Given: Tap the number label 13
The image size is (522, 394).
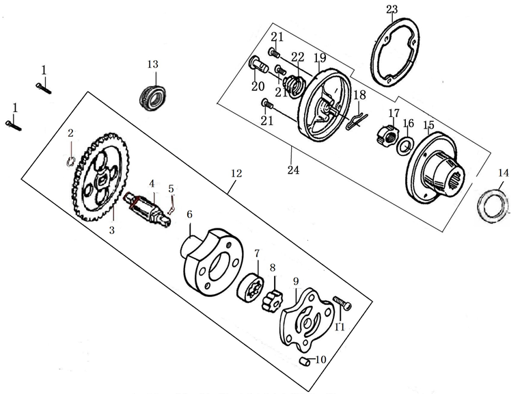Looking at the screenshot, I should pyautogui.click(x=152, y=64).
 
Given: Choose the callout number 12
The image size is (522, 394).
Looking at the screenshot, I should pyautogui.click(x=236, y=174).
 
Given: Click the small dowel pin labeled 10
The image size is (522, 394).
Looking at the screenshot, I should pyautogui.click(x=305, y=360).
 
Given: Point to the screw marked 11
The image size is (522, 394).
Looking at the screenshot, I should pyautogui.click(x=341, y=301).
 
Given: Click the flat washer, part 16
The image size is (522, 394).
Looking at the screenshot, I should pyautogui.click(x=406, y=144).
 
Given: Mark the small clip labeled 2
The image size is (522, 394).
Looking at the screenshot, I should pyautogui.click(x=72, y=161).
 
